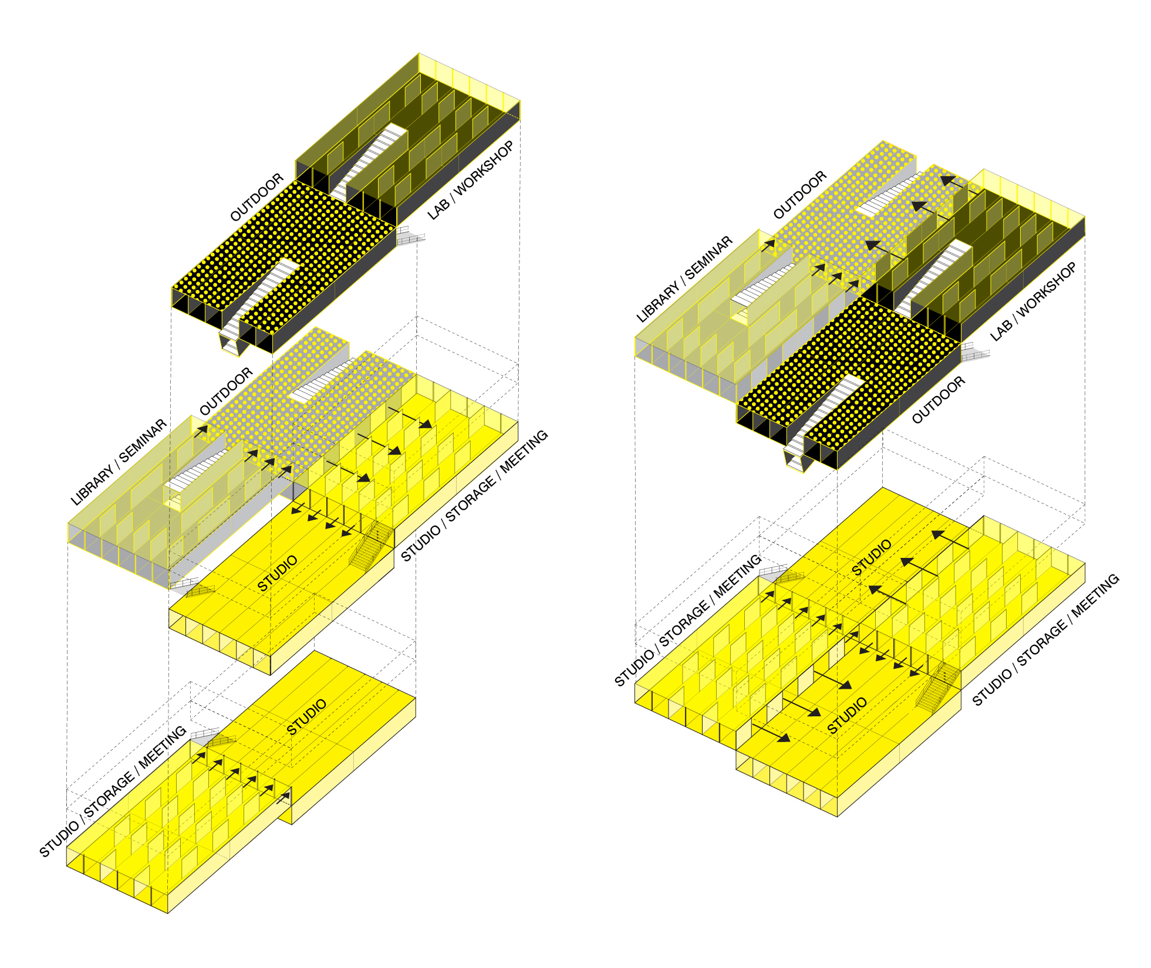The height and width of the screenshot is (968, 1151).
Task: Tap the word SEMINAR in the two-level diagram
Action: coord(709,257)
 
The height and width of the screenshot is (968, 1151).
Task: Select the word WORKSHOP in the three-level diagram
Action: coord(484,167)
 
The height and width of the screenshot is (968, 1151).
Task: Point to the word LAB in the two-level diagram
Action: coord(1000,330)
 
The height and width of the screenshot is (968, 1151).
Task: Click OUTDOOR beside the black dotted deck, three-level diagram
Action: coord(256,197)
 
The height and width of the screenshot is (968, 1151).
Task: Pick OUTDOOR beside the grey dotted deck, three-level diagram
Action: coord(226,391)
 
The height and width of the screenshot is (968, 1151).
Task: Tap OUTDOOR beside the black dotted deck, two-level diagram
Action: coord(938,400)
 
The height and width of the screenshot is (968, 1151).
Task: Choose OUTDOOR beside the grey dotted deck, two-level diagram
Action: coord(800,195)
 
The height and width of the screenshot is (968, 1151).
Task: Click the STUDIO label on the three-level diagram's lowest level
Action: coord(306,717)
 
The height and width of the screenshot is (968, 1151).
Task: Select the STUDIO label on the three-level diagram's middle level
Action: coord(277,573)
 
